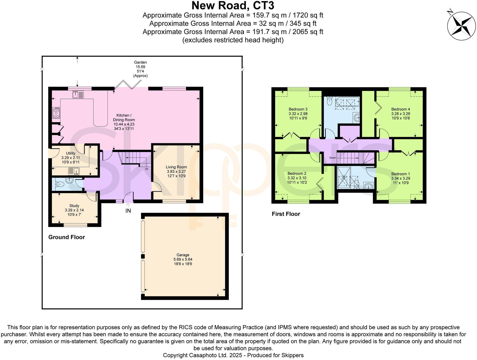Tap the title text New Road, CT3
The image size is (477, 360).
point(233,6)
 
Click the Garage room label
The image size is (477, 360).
point(183,255)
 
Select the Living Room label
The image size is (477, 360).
point(176,167)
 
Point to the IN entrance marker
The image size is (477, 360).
point(128,211)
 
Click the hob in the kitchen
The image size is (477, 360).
point(57,113)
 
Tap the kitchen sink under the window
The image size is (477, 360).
point(78,94)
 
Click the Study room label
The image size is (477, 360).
point(74,206)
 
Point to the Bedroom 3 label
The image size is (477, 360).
point(298,109)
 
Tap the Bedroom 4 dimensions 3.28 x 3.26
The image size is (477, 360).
point(401,114)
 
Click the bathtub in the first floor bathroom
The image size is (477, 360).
point(347,103)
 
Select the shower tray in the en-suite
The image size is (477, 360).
point(344,177)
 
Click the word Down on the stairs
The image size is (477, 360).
point(333,158)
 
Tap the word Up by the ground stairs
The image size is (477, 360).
point(146,169)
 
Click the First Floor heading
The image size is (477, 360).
point(286,214)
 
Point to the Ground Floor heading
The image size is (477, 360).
point(67,237)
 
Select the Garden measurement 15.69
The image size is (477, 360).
point(140,67)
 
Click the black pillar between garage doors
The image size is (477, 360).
point(143,257)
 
